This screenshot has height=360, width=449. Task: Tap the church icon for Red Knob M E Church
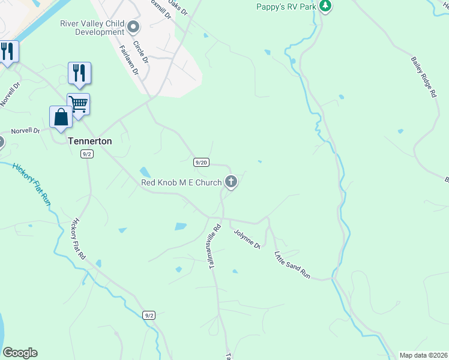[231, 182]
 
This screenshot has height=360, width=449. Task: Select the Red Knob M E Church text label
[181, 182]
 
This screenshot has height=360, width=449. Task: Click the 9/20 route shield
[201, 162]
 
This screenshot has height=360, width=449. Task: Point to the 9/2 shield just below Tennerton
[87, 154]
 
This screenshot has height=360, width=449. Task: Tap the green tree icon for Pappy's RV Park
[325, 6]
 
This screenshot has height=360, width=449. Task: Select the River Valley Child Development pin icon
[133, 26]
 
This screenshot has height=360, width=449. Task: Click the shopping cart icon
[79, 104]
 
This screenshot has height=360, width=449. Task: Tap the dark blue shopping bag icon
[61, 116]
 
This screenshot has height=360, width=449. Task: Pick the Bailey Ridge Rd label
[423, 77]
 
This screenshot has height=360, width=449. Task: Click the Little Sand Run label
[292, 265]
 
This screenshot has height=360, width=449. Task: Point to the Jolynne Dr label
[246, 238]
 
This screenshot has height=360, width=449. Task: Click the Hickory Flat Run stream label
[31, 184]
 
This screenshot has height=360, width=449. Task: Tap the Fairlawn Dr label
[129, 61]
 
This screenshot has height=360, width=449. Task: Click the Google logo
[20, 353]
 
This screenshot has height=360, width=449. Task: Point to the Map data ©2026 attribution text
[423, 355]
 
